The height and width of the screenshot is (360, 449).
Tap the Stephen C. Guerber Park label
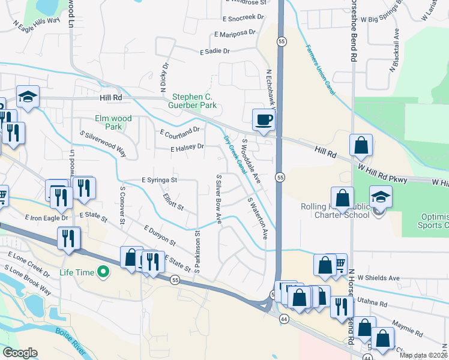pos(194,101)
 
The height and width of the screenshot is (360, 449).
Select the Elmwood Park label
pos(113,122)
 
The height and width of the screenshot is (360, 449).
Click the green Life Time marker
pos(103,272)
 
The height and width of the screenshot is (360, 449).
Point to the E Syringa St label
pos(159,179)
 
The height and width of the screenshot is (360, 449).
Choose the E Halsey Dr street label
pos(187,147)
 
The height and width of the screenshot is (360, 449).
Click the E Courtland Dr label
pos(179,130)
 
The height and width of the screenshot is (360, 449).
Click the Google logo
pos(20,353)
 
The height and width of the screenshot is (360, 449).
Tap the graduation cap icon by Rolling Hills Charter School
pos(380,197)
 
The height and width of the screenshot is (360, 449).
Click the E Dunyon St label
pos(160,236)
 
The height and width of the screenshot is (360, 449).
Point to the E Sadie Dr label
pos(215,52)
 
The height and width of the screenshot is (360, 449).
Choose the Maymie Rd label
pos(408,329)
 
